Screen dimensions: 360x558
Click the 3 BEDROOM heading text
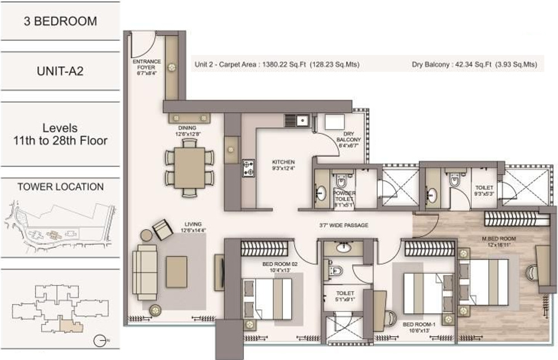tap(60, 21)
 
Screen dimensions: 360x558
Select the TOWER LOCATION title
tap(60, 187)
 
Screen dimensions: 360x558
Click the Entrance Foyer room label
tap(146, 65)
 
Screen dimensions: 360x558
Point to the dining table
tap(190, 167)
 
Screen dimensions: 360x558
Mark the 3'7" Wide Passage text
tap(343, 225)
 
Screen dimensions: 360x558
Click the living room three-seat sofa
tap(145, 267)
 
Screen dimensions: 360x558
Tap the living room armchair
tap(162, 229)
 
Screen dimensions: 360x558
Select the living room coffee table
tap(177, 271)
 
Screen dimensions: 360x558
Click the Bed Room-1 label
tap(416, 325)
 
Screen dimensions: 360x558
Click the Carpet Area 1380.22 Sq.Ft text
tap(277, 65)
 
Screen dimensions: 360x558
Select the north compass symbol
tap(99, 338)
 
